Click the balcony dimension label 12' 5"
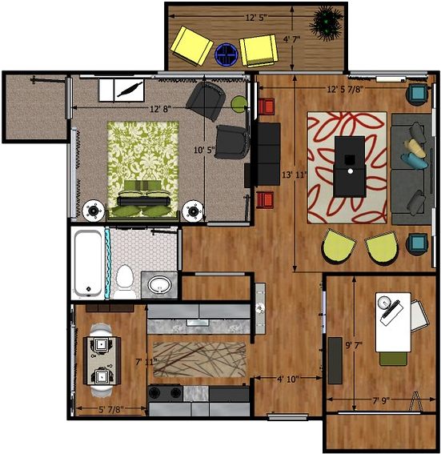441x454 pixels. point(256,18)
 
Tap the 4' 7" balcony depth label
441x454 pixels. point(291,39)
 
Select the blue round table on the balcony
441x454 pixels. point(227,54)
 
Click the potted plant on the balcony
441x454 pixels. point(327,24)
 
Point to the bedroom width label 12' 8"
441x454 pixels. point(160,109)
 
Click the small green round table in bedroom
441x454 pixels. point(239,104)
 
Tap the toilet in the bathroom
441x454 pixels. point(125,281)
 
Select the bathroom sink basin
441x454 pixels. point(159,284)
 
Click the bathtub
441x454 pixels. point(88,263)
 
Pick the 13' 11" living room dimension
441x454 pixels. point(295,175)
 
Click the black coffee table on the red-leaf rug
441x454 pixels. point(350,167)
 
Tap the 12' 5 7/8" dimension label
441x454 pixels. point(345,89)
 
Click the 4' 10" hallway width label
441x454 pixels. point(287,379)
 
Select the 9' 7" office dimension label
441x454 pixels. point(354,345)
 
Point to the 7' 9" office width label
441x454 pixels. point(381,400)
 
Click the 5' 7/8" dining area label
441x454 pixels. point(111,409)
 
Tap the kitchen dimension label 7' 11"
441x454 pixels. point(146,362)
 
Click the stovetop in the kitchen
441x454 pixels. point(165,393)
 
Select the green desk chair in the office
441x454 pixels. point(393,359)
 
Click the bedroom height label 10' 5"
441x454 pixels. point(204,150)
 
